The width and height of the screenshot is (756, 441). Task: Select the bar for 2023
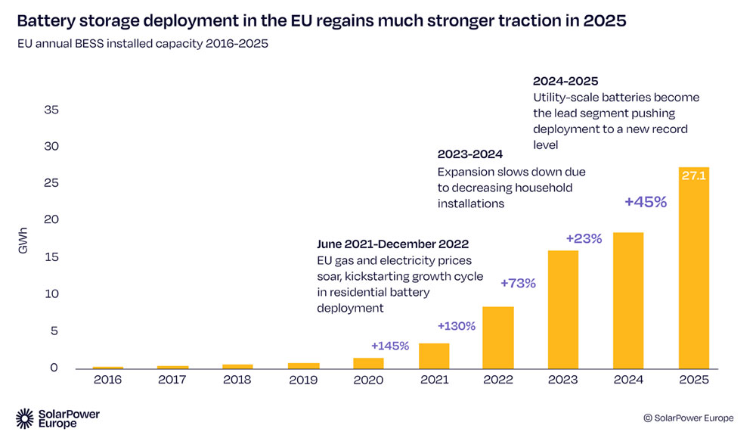[562, 309]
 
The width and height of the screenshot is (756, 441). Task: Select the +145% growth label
[389, 346]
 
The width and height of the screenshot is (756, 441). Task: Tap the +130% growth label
[457, 326]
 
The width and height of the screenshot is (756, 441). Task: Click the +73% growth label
[518, 283]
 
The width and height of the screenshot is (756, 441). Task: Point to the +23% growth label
[584, 238]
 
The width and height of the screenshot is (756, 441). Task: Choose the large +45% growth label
[645, 202]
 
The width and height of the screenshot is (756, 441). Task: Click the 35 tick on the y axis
[51, 110]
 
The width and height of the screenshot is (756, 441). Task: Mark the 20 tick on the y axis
[51, 220]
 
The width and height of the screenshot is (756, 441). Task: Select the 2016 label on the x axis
[107, 380]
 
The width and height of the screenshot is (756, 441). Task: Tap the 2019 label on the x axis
[303, 380]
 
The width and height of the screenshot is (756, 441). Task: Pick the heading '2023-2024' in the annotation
[470, 154]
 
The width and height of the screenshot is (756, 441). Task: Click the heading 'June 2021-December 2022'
[392, 244]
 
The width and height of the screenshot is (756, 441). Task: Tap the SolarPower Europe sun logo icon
[25, 418]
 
